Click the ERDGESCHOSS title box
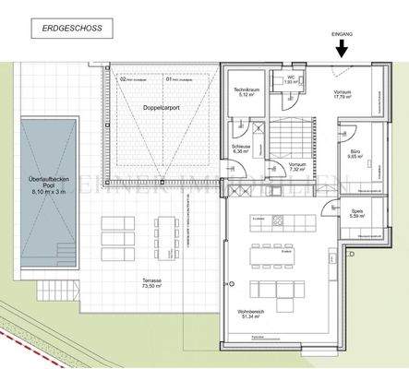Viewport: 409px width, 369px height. pos(78,30)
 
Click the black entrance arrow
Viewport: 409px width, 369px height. pos(342,49)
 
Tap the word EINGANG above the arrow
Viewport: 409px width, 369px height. pos(342,34)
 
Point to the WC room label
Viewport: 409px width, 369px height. pos(289,80)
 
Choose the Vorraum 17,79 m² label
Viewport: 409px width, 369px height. pos(343,95)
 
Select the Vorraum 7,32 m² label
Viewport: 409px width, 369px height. pos(296,168)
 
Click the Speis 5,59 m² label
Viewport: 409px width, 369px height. pos(356,214)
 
